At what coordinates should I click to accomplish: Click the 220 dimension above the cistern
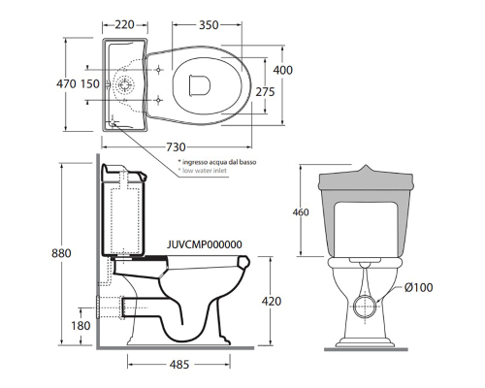tap(124, 24)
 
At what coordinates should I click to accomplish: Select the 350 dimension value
tap(209, 25)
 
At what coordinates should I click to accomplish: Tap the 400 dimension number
tap(283, 70)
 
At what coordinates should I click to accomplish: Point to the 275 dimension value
tap(265, 92)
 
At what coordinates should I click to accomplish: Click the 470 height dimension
tap(66, 83)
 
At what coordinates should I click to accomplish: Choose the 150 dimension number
tap(90, 83)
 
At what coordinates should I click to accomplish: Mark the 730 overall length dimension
tap(176, 147)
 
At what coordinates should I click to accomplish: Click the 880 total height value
tap(61, 253)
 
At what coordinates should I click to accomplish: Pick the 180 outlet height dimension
tap(81, 326)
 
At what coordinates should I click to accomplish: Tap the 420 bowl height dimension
tap(272, 302)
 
